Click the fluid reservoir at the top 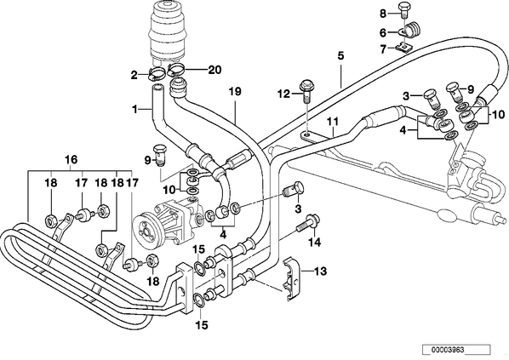click(168, 32)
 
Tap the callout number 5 click(340, 55)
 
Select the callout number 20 click(214, 70)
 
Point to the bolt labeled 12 click(306, 91)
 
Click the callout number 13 click(320, 271)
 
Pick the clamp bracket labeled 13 click(291, 279)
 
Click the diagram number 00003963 click(448, 350)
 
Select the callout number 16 click(71, 159)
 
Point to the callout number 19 click(235, 92)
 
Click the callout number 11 click(333, 122)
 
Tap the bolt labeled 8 click(404, 11)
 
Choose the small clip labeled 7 click(403, 48)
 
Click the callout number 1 click(134, 110)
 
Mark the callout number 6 click(383, 33)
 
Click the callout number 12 click(283, 94)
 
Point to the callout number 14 click(315, 242)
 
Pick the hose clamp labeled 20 click(177, 70)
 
